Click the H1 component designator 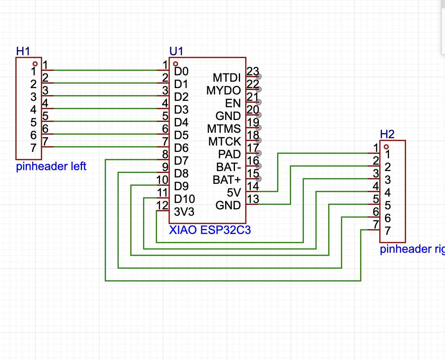23,51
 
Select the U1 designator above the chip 176,51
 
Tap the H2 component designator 387,134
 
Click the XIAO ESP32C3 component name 210,230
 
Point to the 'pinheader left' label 51,166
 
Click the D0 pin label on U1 181,71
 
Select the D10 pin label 185,199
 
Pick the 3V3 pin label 184,212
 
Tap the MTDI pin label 227,78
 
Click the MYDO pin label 223,90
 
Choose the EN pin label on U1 233,103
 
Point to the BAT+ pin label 227,180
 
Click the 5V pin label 234,192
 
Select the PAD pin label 229,154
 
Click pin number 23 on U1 253,71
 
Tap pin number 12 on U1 162,205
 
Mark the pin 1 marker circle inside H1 35,64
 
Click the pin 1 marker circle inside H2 386,147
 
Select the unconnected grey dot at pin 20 259,115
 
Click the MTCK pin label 224,141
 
